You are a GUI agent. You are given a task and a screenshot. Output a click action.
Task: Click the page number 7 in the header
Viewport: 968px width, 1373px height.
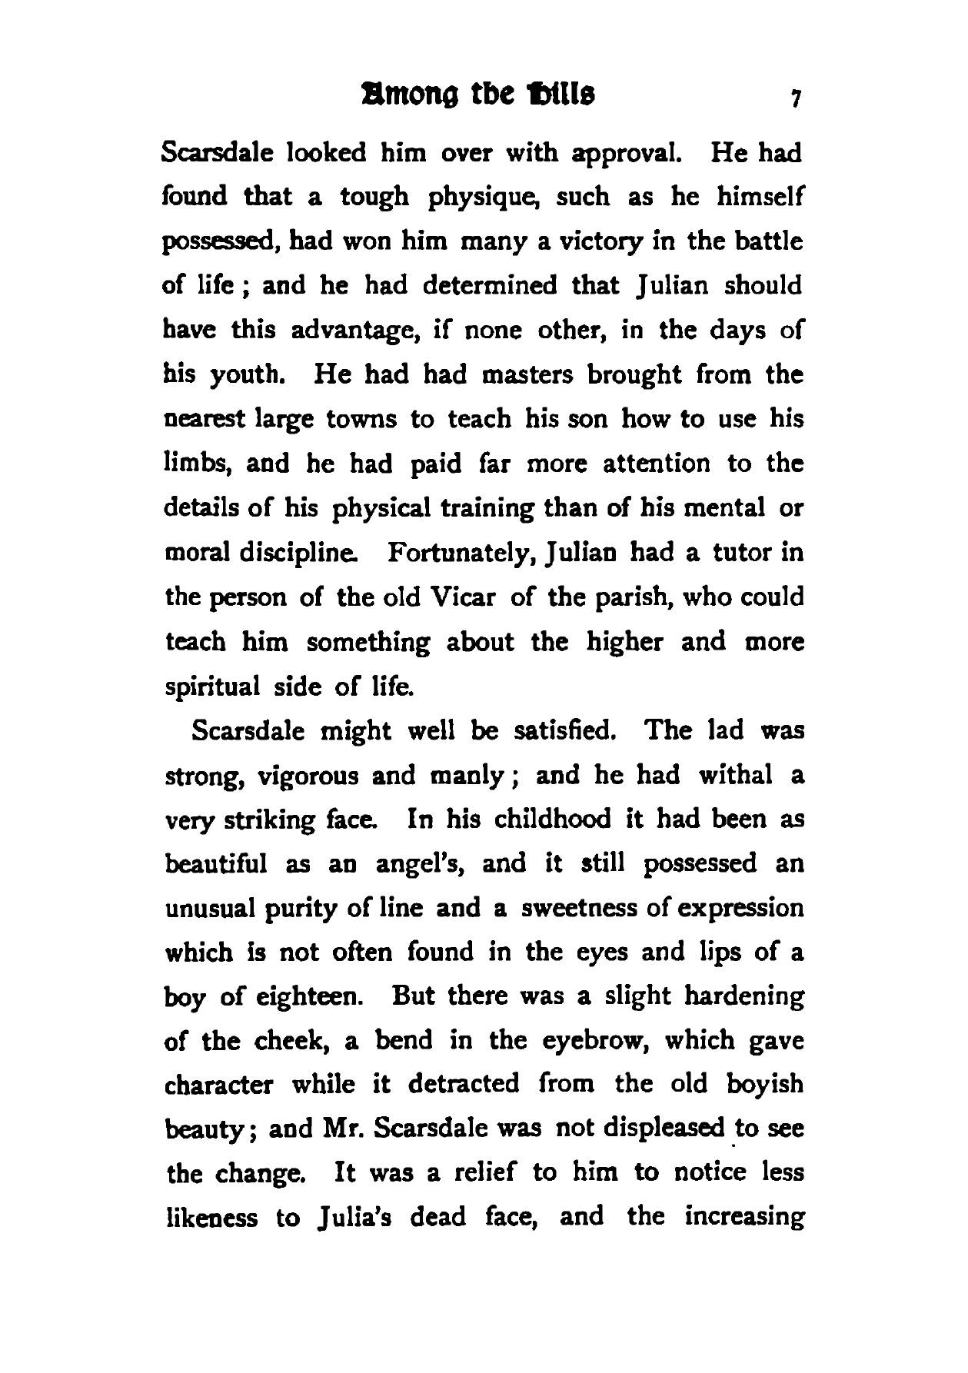[797, 99]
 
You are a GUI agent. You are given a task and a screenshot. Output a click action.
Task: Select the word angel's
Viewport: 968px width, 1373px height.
[417, 864]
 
